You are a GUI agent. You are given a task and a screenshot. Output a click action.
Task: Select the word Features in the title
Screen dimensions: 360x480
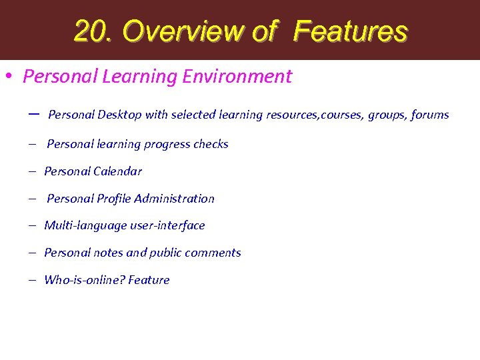coord(349,31)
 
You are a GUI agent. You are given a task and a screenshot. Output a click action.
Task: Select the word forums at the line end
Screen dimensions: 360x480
coord(429,115)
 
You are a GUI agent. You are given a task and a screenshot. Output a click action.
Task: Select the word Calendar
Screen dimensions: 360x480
coord(117,171)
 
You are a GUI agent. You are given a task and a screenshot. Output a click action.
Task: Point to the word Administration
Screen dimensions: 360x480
coord(174,199)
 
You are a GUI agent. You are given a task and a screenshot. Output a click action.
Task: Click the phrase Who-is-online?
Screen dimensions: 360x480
coord(84,280)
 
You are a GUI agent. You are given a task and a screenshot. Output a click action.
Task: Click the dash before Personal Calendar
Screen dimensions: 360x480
coord(31,171)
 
